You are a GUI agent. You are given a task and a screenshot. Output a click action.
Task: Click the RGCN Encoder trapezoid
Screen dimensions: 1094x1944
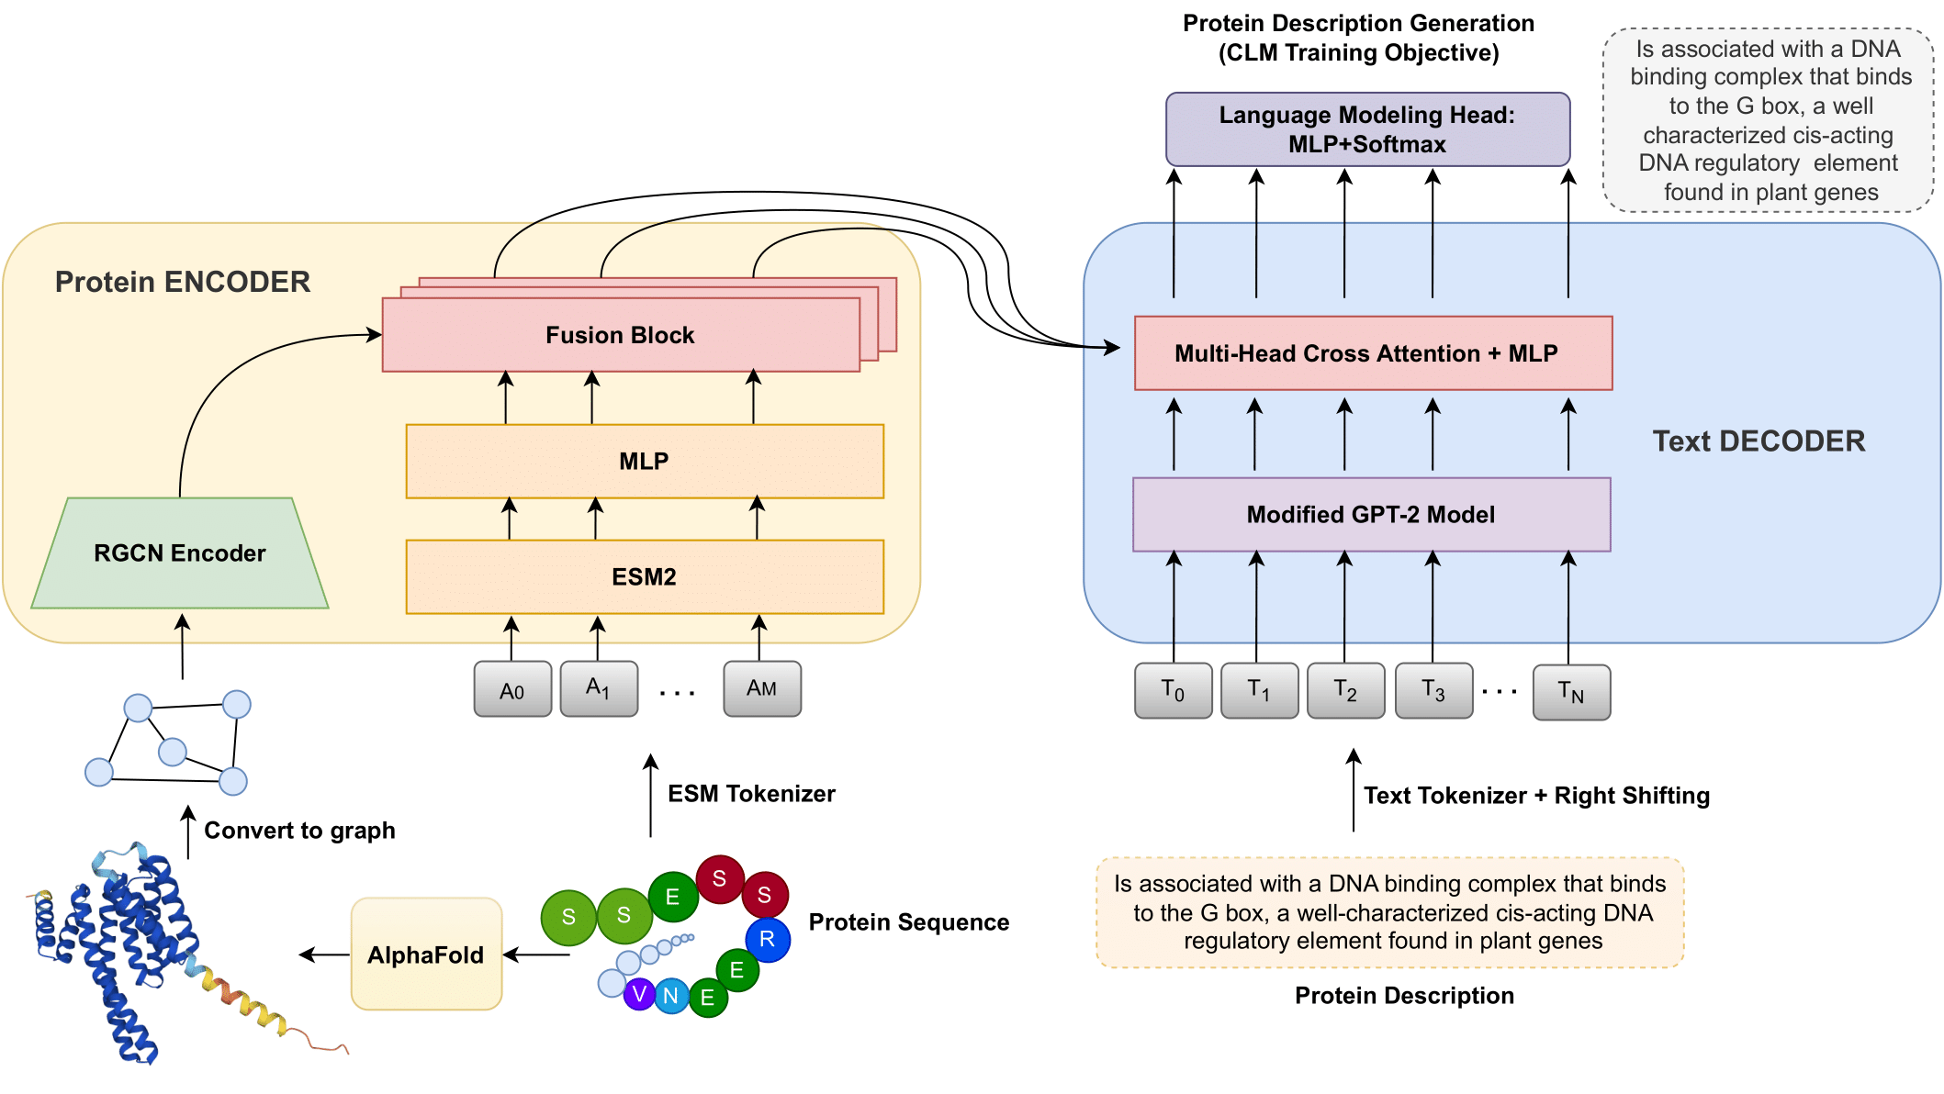(x=180, y=553)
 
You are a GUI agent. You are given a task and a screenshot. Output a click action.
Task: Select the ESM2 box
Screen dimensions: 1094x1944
(x=645, y=576)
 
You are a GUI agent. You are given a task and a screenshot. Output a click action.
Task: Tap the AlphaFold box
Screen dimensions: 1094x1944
(x=426, y=954)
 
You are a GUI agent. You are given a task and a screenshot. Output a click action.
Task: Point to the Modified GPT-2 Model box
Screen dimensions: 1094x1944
(x=1371, y=515)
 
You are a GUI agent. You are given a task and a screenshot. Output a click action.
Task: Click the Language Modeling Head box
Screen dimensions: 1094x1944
(x=1367, y=129)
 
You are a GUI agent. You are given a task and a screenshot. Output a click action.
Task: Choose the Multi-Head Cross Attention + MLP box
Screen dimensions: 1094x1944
(x=1373, y=353)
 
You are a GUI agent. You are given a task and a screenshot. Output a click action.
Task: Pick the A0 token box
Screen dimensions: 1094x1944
(x=512, y=689)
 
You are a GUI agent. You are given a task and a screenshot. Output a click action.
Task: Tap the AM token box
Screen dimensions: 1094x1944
(x=762, y=689)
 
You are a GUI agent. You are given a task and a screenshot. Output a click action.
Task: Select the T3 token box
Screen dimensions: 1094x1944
(x=1433, y=691)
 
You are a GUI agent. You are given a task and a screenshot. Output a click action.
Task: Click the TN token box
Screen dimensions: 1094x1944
(x=1571, y=693)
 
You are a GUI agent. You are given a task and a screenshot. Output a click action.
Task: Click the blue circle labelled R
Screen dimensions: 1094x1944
(x=768, y=939)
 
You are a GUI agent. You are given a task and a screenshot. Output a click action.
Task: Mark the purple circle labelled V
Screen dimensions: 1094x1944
(x=639, y=994)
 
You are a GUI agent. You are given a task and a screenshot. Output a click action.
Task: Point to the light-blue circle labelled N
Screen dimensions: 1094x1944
(x=671, y=996)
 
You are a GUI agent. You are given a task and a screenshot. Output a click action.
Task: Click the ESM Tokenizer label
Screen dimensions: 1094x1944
(x=751, y=794)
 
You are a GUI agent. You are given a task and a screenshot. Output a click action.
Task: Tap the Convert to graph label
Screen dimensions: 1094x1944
(x=299, y=831)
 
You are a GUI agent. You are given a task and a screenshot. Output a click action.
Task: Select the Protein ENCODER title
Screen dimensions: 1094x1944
(x=183, y=282)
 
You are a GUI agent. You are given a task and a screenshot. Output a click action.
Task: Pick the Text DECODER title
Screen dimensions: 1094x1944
(x=1759, y=441)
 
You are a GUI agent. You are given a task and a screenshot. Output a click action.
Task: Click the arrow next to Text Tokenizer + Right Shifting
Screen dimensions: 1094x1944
(x=1353, y=790)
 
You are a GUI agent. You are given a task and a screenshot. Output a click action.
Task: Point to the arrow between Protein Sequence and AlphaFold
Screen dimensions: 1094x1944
(x=536, y=954)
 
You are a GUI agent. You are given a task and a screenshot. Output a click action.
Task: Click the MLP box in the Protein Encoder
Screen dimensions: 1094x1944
(x=645, y=461)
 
